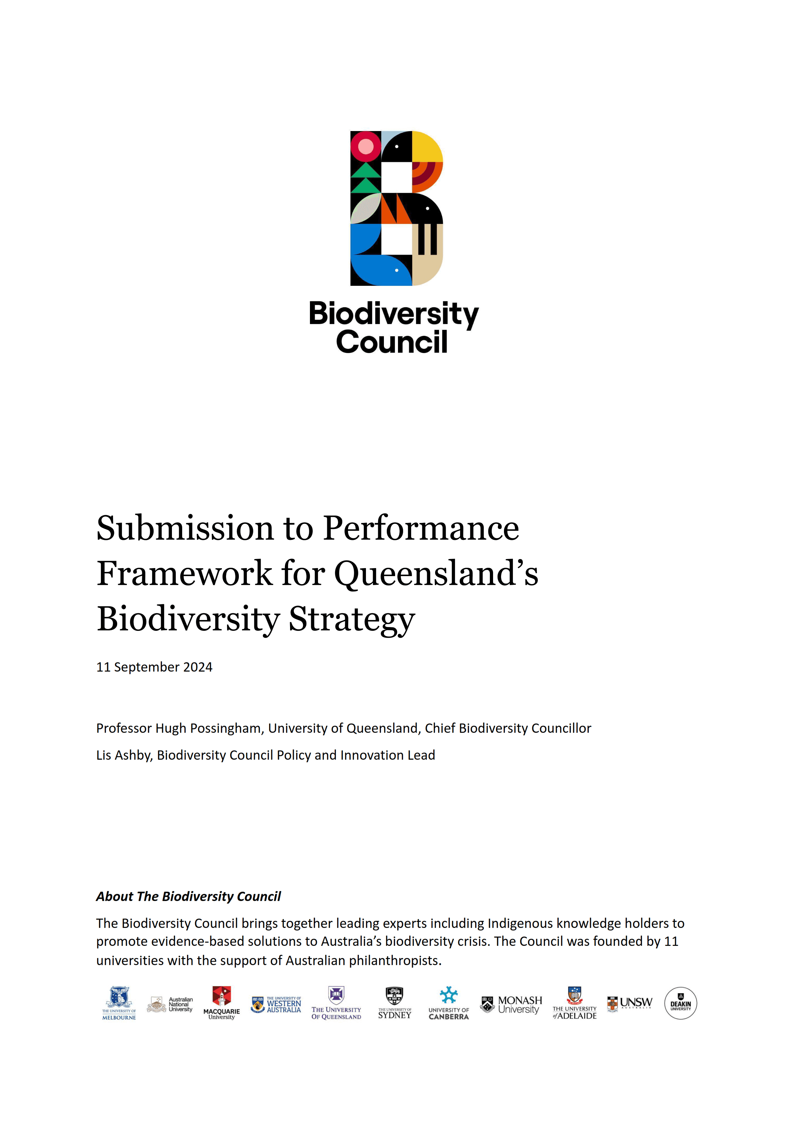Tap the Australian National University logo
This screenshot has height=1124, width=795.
point(170,1004)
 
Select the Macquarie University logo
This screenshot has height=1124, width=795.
point(222,1003)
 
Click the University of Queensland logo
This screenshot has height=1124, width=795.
point(336,1003)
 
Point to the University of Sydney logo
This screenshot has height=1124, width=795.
point(394,1003)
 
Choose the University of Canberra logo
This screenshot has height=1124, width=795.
point(449,1003)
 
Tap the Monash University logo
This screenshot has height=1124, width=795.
point(512,1004)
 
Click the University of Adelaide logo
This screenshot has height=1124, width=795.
point(575,1003)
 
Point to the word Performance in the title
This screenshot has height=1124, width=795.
point(421,529)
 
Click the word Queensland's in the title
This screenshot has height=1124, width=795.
point(436,574)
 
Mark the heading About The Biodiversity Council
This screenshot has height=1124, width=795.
point(189,896)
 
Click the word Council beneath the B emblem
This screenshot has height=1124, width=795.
point(392,342)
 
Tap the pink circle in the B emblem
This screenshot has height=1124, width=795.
point(366,146)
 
